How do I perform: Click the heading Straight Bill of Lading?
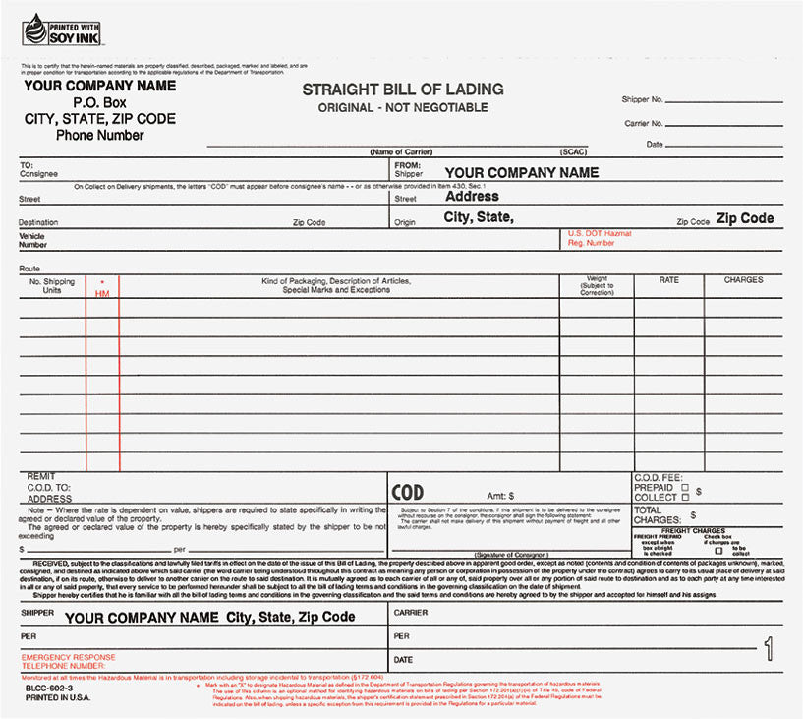point(402,90)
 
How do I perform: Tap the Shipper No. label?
point(643,100)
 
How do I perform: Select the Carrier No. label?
point(644,124)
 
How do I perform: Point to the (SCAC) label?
point(573,152)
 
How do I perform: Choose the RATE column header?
point(668,280)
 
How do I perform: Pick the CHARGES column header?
point(743,280)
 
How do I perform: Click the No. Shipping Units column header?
point(52,286)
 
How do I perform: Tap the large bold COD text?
point(408,493)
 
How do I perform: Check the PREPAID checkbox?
point(685,488)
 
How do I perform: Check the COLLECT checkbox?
point(685,498)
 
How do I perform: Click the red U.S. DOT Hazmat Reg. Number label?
point(600,238)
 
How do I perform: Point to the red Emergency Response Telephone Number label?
point(68,661)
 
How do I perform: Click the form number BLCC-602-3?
point(48,689)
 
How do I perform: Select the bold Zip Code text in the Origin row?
point(744,218)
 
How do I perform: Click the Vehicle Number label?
point(32,240)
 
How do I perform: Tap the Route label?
point(29,268)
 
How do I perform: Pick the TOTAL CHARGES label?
point(655,515)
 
